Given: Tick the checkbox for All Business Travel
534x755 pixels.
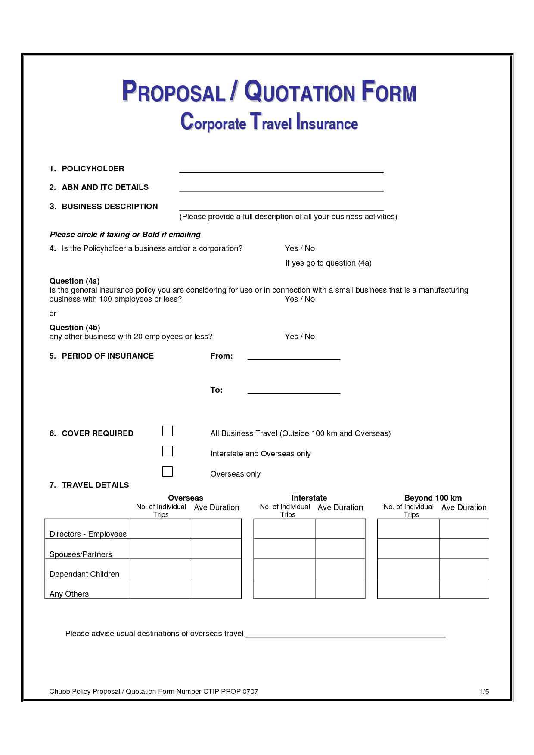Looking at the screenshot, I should tap(168, 431).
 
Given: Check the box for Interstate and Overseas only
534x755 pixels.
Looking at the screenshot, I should tap(168, 451).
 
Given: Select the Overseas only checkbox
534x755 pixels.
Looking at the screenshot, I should tap(168, 471).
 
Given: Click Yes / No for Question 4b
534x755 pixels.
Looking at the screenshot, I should tap(300, 337).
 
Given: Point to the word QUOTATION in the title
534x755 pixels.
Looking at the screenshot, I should tap(300, 92).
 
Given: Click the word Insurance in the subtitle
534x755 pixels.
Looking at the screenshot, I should tap(327, 123).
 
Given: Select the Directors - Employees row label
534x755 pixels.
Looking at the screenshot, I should tap(88, 534).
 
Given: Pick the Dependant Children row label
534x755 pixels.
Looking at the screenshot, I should tap(84, 574).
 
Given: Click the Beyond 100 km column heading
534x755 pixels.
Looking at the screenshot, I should tap(433, 498).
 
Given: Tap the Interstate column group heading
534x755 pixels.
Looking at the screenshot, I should tap(309, 498).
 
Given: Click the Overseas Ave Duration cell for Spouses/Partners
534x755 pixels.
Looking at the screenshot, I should tap(216, 549).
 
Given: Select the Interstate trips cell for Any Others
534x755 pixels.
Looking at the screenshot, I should tap(285, 589).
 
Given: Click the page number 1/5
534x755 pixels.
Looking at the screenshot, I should tap(484, 692).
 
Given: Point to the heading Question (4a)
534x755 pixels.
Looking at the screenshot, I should tap(75, 281).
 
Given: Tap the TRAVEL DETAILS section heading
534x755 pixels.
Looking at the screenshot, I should tap(95, 485).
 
